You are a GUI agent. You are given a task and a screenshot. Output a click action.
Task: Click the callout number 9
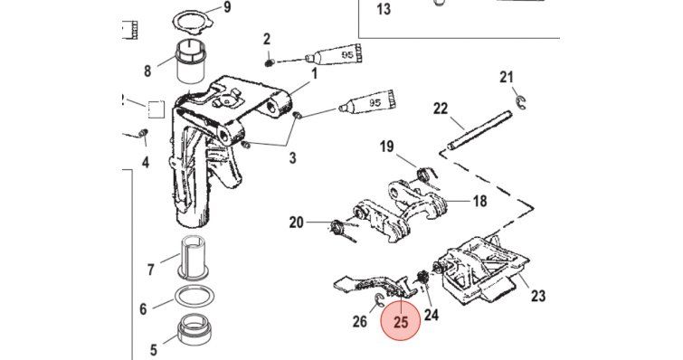(227, 7)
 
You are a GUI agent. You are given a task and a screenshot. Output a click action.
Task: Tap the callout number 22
(441, 109)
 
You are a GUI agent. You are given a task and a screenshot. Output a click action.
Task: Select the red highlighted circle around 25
(401, 321)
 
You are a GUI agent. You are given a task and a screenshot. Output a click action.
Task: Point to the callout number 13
(384, 9)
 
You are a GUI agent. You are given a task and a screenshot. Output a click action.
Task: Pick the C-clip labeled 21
(518, 102)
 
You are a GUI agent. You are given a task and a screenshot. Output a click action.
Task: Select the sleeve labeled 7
(194, 259)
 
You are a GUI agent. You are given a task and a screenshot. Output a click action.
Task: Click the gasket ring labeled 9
(191, 23)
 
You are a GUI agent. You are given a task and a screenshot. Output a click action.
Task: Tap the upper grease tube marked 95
(335, 54)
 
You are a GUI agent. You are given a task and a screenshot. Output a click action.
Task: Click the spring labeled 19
(425, 175)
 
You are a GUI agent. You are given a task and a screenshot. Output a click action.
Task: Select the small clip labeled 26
(378, 298)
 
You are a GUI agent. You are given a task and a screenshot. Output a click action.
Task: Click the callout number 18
(479, 201)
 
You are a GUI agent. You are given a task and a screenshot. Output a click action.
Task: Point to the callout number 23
(538, 296)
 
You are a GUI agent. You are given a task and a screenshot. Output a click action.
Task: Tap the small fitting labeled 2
(269, 63)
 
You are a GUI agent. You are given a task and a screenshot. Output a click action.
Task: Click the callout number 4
(146, 163)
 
